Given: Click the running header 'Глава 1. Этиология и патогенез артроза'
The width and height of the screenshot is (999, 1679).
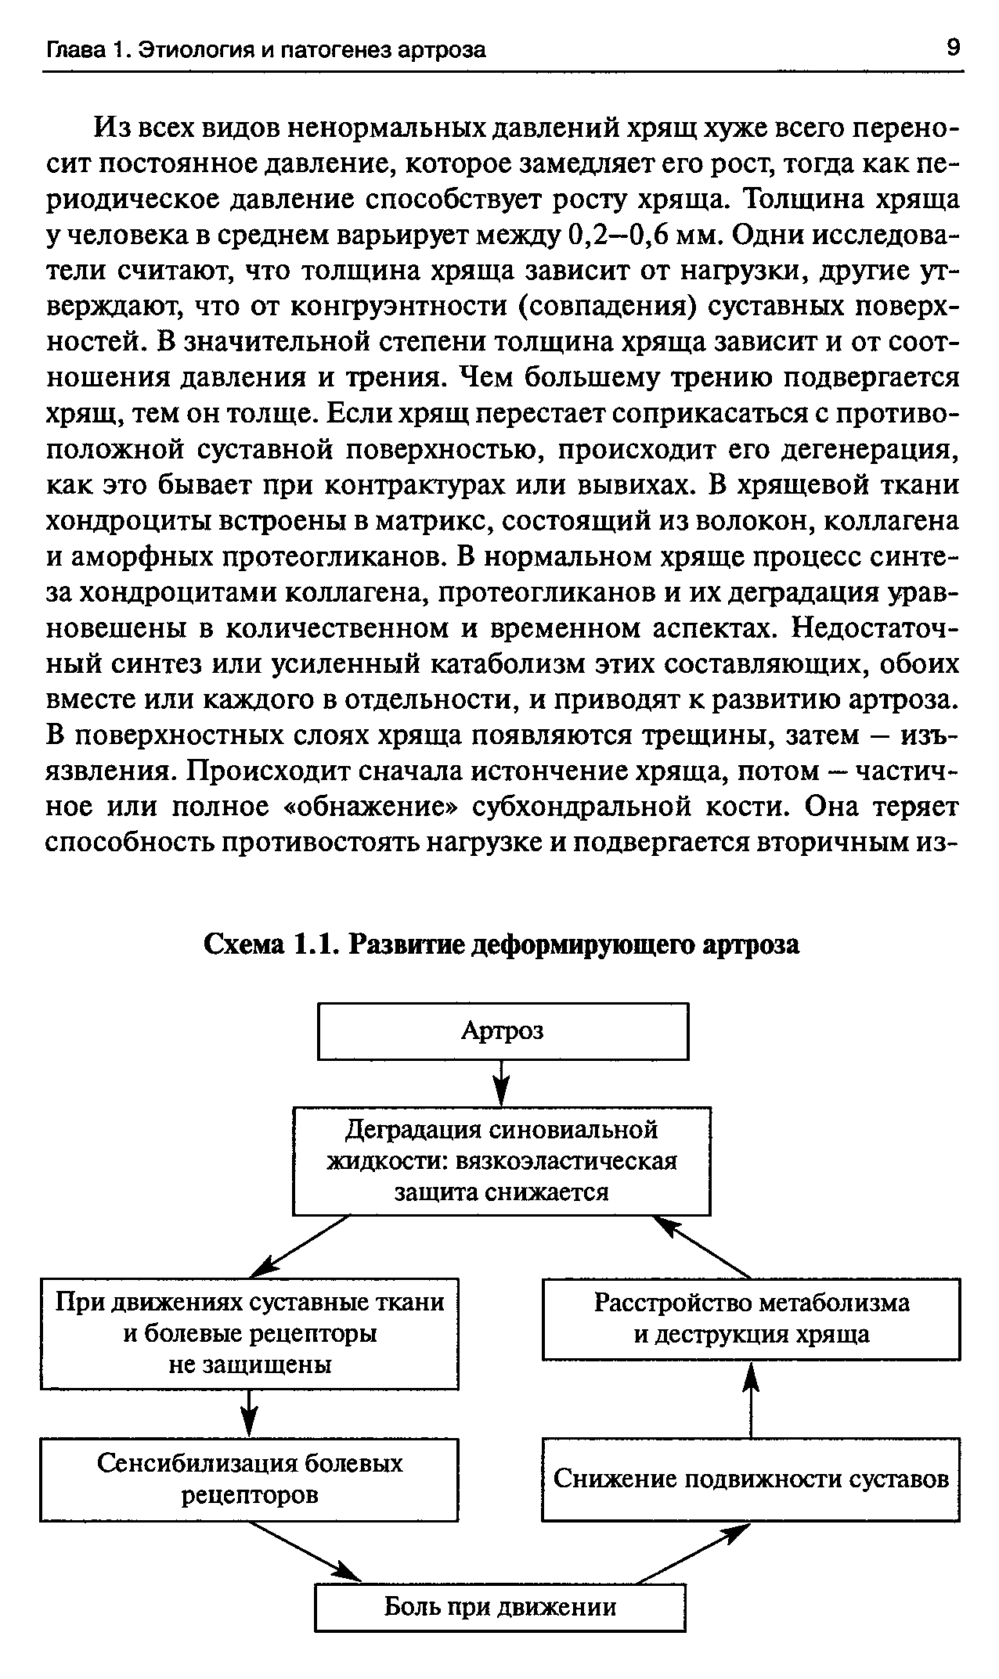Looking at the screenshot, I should point(266,50).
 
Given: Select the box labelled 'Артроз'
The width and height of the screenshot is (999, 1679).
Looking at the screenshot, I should point(503,1031).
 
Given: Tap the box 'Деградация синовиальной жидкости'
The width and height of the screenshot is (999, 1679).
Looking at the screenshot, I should point(501,1161).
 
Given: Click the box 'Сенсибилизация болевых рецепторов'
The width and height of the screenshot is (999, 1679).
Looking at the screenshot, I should point(249,1479).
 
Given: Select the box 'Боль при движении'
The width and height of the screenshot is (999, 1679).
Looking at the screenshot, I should point(500,1607).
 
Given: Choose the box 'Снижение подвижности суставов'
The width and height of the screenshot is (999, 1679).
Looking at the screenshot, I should point(750,1479).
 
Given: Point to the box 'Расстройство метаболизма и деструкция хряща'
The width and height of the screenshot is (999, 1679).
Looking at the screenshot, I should point(751,1318).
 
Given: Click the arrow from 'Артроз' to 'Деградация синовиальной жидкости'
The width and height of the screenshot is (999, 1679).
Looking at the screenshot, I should point(502,1083).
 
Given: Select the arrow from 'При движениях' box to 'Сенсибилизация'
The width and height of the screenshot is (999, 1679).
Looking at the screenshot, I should point(249,1412).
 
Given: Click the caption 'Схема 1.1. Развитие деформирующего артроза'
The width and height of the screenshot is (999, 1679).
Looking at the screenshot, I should point(501,944).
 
